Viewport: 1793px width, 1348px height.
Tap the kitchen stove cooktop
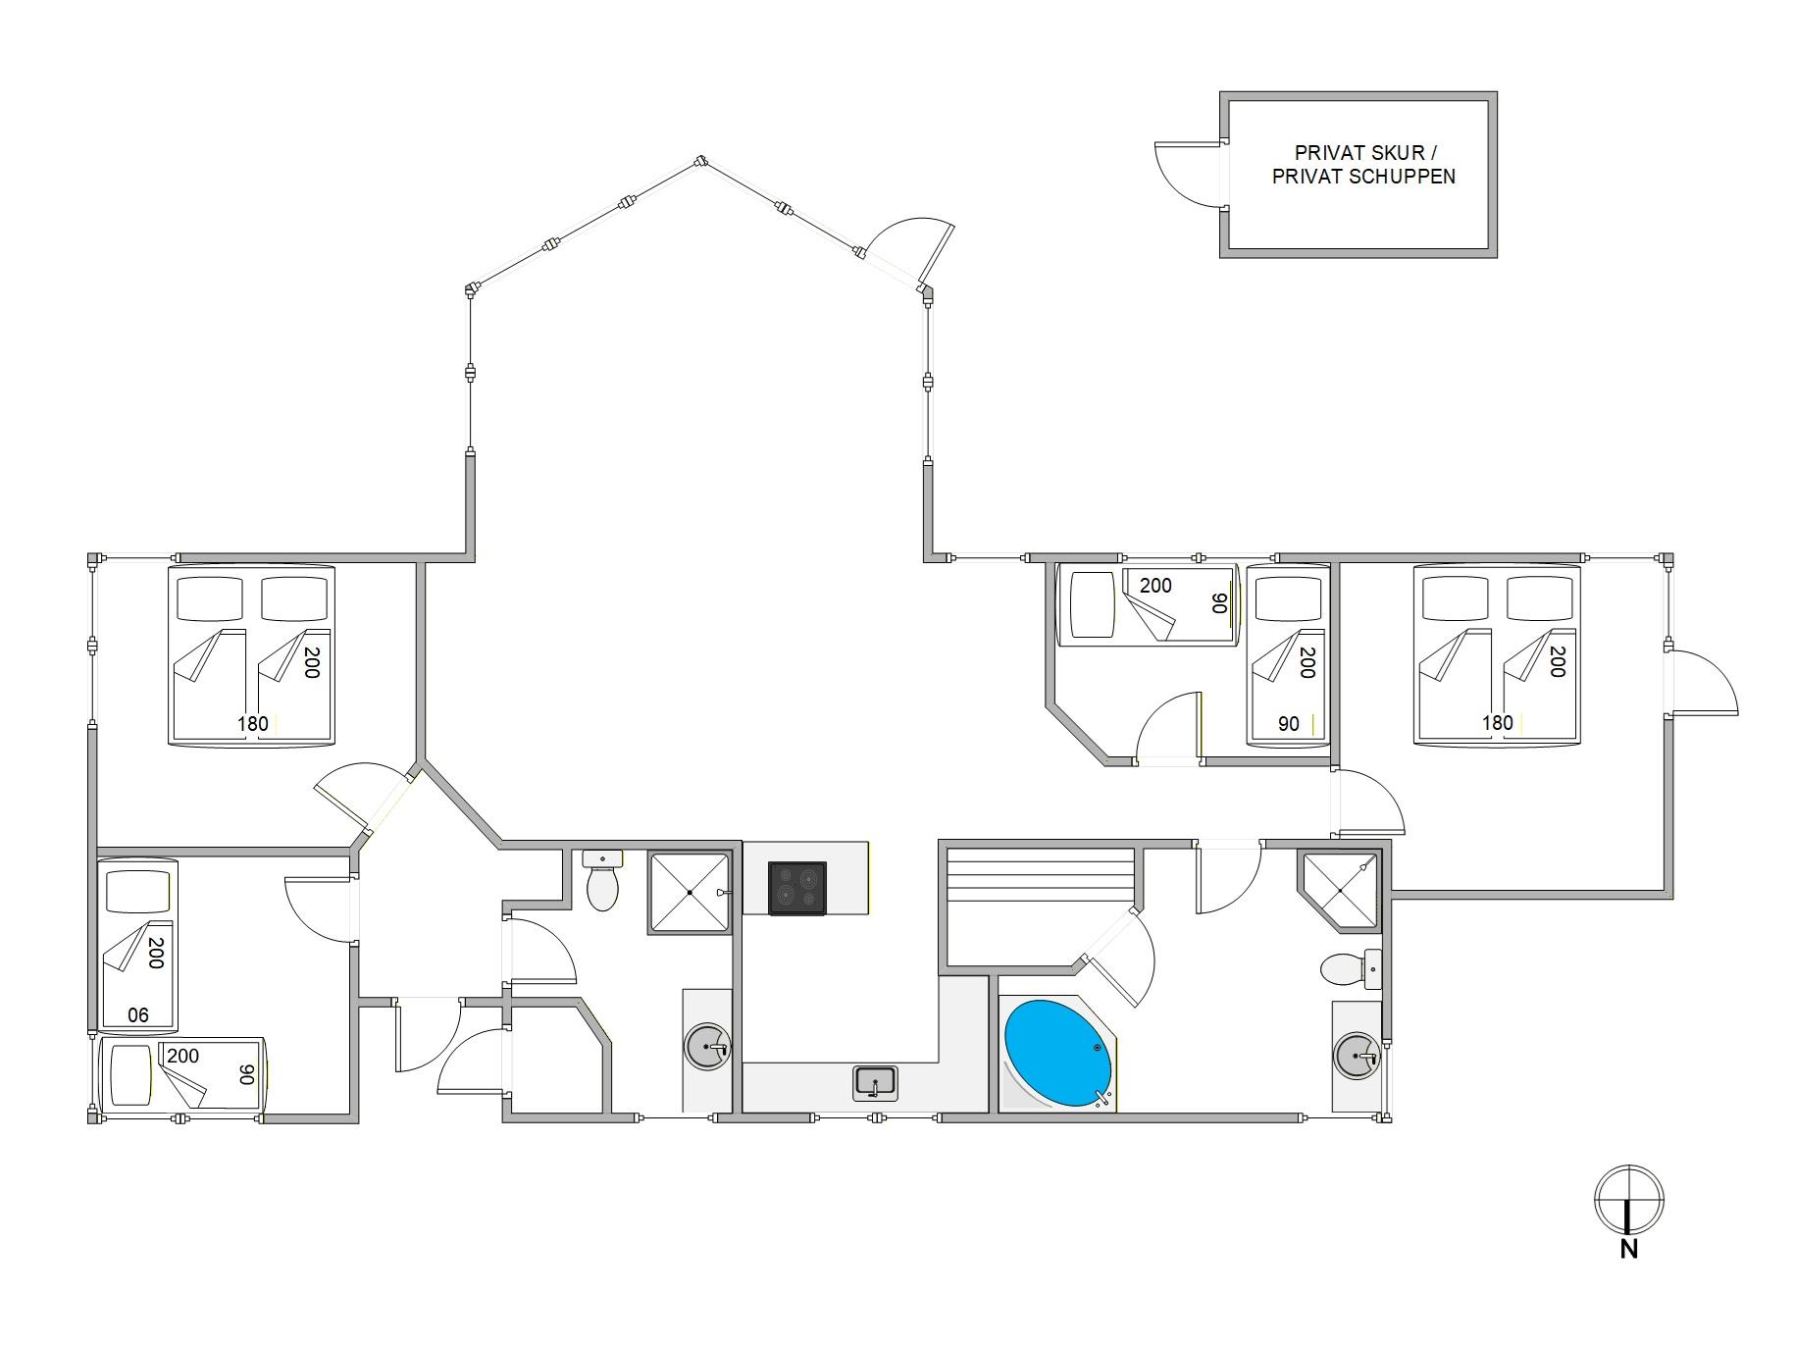796,888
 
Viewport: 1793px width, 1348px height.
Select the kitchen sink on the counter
875,1082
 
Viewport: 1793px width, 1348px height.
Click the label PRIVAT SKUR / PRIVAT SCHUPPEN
1363,165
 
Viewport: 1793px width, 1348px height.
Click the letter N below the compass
1629,1249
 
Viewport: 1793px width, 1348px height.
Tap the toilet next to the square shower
602,880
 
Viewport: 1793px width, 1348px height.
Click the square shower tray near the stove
690,893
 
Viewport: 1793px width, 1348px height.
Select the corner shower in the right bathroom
1340,891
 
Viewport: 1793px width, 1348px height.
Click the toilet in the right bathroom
1351,969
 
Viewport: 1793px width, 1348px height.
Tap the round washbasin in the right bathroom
1357,1057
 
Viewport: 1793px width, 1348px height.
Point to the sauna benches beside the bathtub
1040,907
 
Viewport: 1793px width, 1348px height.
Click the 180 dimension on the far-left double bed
252,724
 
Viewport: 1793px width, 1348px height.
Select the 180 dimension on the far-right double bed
1497,723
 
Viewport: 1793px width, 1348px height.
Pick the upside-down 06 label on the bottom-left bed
138,1015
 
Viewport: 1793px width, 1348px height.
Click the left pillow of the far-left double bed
209,598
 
